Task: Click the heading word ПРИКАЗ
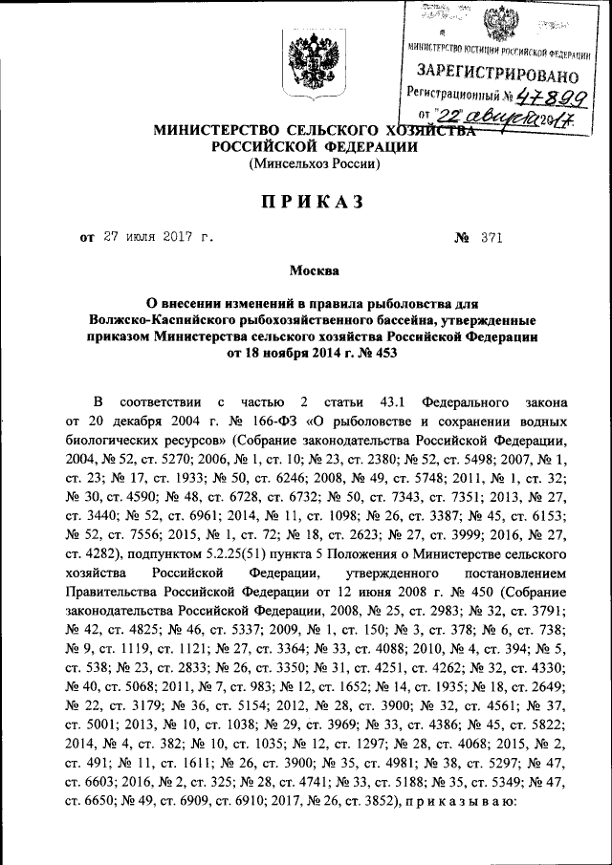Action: tap(306, 202)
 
